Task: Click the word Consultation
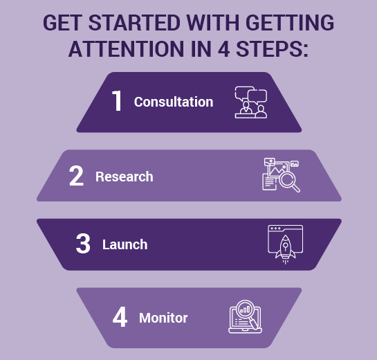click(174, 102)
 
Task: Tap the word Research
click(125, 177)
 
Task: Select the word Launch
click(125, 244)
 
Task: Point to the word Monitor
click(163, 318)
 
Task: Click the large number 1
click(117, 100)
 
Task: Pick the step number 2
click(76, 176)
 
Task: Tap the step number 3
click(83, 244)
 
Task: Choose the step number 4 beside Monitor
click(120, 317)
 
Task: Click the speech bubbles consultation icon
click(251, 102)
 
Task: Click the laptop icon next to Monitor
click(245, 316)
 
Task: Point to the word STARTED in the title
click(135, 23)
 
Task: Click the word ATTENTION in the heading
click(126, 49)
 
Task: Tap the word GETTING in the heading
click(290, 23)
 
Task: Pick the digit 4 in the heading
click(224, 49)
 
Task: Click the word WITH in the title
click(213, 23)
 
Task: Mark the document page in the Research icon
click(269, 182)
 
